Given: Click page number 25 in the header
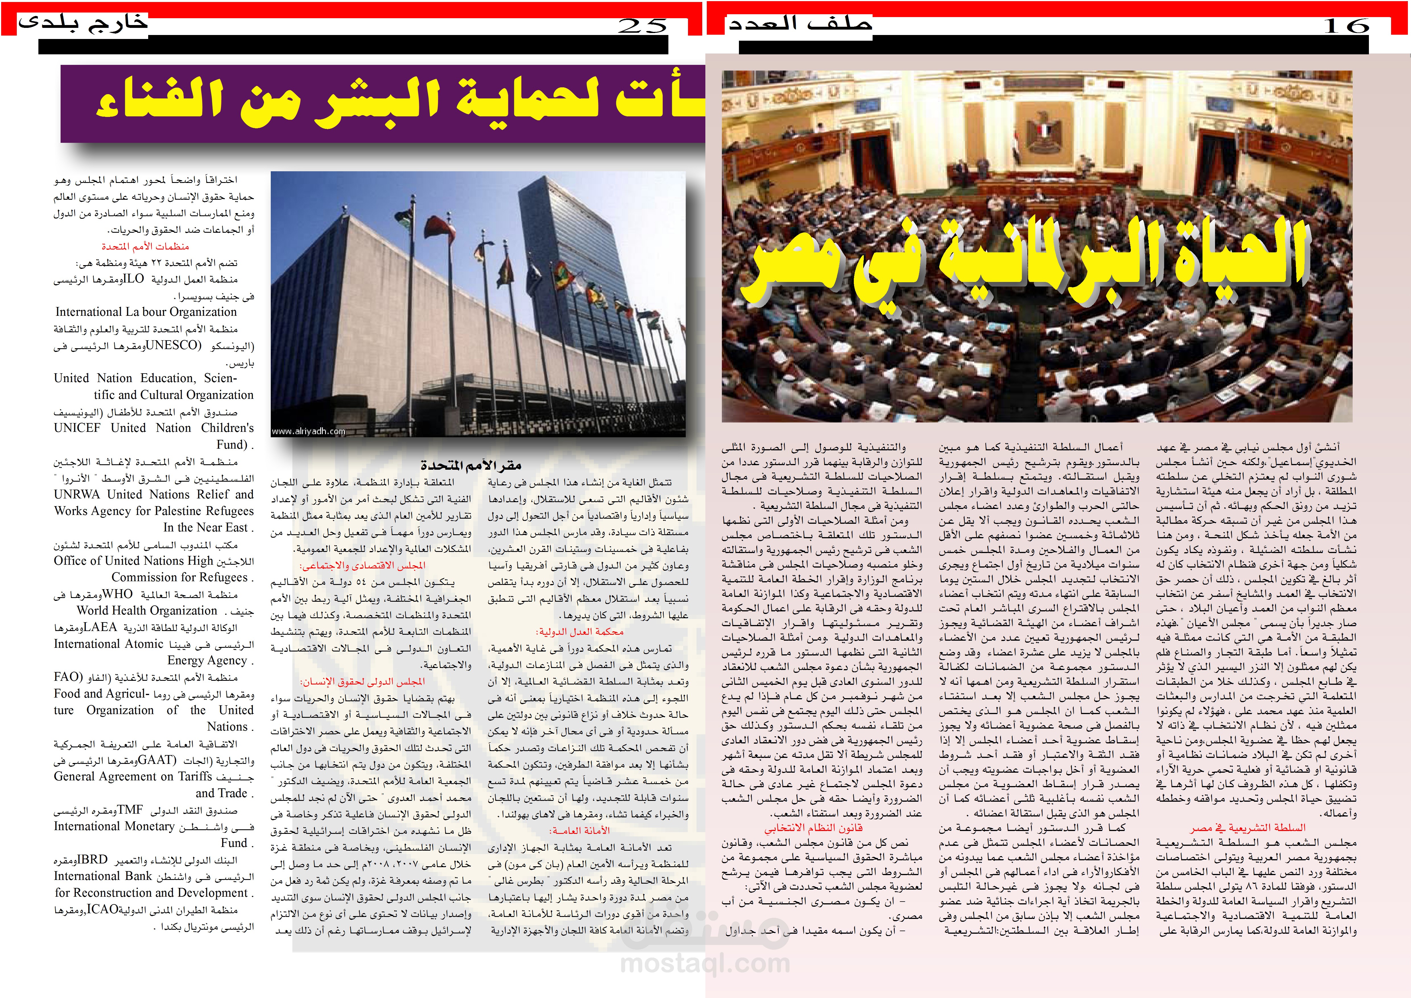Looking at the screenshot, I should click(x=642, y=26).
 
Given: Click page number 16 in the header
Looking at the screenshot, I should click(x=1346, y=26).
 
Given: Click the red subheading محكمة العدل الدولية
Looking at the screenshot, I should click(x=580, y=632).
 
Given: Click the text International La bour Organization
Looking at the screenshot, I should click(x=146, y=312).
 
